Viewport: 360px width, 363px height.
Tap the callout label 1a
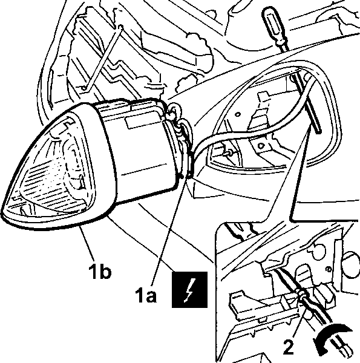coord(146,295)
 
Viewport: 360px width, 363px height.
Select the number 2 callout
coord(289,347)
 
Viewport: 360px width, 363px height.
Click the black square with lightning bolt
coord(189,290)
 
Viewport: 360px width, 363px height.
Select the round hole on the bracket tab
coord(261,146)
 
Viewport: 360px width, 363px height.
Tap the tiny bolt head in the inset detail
coord(328,269)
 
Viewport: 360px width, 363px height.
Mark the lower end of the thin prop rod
coord(84,88)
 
